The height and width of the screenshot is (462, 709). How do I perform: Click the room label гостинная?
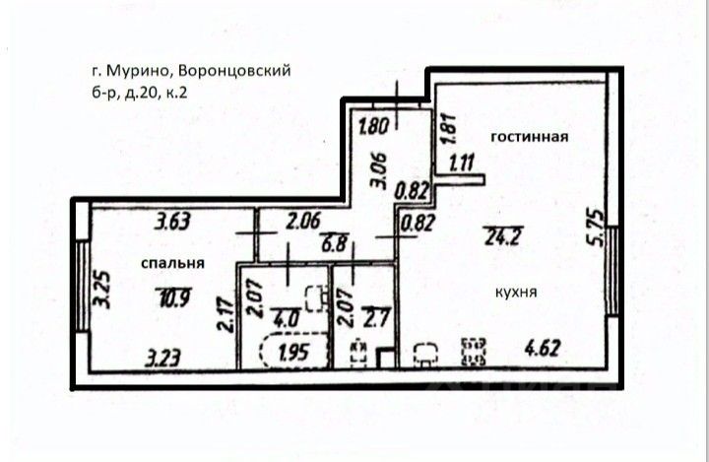pyautogui.click(x=528, y=137)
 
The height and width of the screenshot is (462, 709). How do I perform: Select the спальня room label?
pyautogui.click(x=171, y=263)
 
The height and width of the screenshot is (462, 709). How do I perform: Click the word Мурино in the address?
pyautogui.click(x=130, y=70)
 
